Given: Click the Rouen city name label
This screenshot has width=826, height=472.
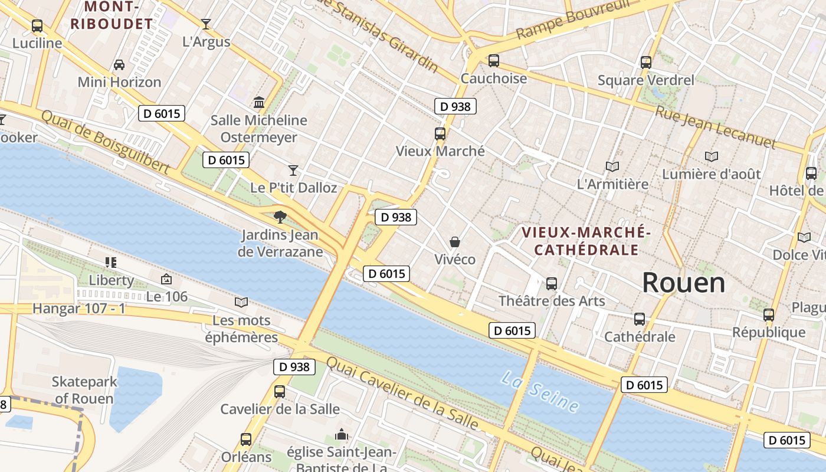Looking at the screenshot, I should (x=683, y=283).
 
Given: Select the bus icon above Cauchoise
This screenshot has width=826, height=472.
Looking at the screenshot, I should (x=494, y=60).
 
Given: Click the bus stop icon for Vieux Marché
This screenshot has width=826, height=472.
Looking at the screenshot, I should (x=440, y=133).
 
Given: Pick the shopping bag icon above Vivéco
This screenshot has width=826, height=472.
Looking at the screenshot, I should (x=455, y=241).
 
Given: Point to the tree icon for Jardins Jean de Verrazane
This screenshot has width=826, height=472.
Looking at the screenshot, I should (x=281, y=217).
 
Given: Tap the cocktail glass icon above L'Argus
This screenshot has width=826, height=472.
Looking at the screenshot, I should (x=206, y=24).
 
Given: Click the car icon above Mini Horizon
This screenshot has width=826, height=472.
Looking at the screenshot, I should (x=119, y=64).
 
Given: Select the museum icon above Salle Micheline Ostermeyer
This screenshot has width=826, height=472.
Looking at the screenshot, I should (x=259, y=103).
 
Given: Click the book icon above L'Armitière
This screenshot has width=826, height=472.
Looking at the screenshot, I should (x=612, y=166).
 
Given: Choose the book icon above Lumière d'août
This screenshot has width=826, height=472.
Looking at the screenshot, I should (x=712, y=156).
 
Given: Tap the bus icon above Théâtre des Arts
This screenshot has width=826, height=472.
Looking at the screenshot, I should (x=552, y=283).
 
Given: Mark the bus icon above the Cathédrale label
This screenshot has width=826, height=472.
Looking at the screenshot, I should (x=640, y=319).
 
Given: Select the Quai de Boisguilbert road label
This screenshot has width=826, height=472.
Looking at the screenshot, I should (x=105, y=142).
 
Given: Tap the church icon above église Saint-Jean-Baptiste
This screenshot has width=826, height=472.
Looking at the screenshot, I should (x=342, y=435).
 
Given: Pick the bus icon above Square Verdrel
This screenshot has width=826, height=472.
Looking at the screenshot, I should (x=646, y=62).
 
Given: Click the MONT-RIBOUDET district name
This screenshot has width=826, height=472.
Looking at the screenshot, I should (x=112, y=15).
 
